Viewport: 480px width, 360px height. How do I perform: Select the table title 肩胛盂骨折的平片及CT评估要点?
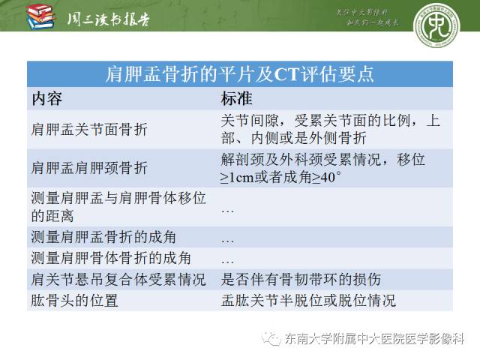[x=239, y=75]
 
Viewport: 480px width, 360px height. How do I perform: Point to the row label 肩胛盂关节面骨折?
[x=90, y=129]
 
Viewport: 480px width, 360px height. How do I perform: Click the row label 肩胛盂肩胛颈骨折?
[x=90, y=168]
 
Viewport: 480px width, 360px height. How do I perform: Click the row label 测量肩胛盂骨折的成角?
[x=104, y=237]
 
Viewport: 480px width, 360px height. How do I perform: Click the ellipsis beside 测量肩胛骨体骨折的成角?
[x=228, y=259]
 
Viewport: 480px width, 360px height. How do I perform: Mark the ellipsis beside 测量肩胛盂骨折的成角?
[x=228, y=238]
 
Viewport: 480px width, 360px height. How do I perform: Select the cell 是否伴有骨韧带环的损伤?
[x=301, y=280]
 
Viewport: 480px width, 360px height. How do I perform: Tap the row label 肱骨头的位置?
[x=75, y=301]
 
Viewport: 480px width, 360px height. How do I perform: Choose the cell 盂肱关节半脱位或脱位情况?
[x=308, y=301]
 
